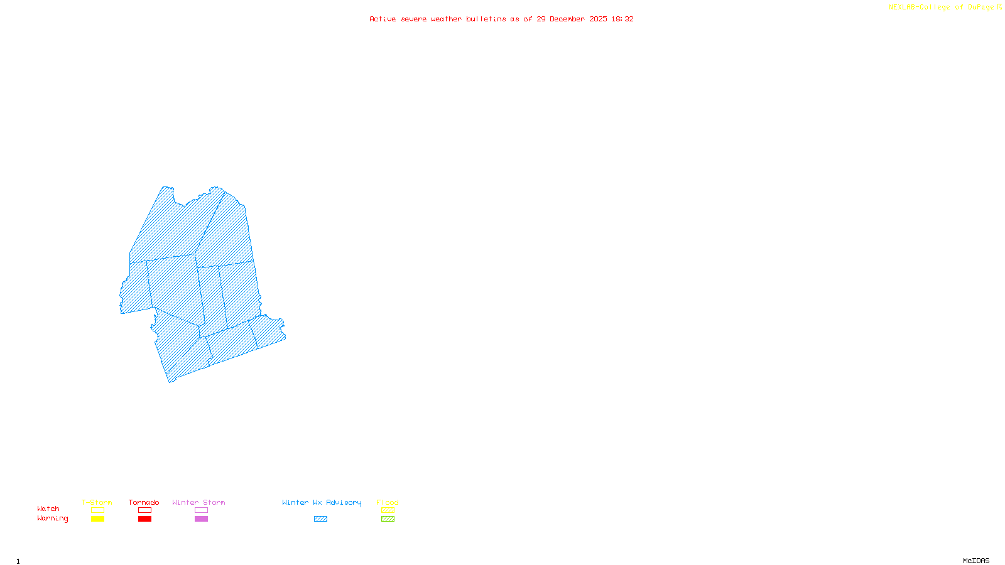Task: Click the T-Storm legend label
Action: (97, 502)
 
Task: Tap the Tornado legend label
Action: (144, 502)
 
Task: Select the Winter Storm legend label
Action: (198, 502)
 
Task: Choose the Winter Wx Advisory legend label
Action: (322, 502)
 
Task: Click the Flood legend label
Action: (388, 502)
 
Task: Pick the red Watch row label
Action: (48, 508)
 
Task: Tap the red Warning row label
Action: (53, 519)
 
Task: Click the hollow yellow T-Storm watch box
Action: (97, 510)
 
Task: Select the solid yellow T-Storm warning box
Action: (97, 519)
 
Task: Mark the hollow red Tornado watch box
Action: (144, 510)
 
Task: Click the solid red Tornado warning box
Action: (144, 519)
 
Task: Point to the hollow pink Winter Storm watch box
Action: (201, 510)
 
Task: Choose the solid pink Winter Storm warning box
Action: (201, 519)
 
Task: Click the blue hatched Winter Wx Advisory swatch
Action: (320, 519)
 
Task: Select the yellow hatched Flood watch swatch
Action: (388, 510)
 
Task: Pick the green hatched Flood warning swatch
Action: (388, 519)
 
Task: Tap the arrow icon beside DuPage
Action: (999, 7)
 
